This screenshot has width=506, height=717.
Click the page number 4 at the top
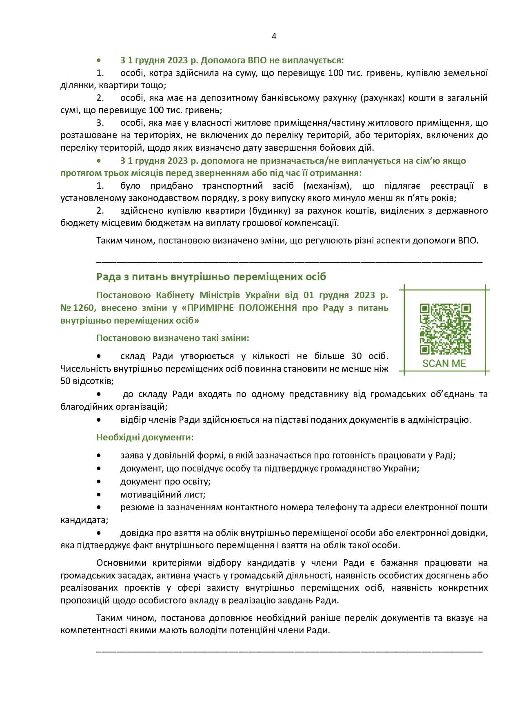pos(274,36)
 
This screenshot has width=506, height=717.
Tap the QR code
pos(445,329)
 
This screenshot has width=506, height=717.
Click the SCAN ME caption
pos(444,364)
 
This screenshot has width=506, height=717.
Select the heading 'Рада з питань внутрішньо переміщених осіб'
pos(211,277)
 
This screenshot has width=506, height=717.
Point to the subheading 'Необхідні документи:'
pos(145,438)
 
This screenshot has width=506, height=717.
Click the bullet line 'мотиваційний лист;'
pos(162,495)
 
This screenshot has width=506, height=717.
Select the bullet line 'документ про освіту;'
pos(165,482)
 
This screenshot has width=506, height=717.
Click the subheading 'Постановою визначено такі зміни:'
pos(173,338)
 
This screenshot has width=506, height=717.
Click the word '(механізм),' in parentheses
pos(328,186)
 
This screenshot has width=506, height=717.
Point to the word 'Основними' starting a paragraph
pos(121,563)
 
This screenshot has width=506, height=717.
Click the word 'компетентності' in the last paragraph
pos(90,630)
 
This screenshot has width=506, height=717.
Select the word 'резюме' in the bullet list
pos(136,507)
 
